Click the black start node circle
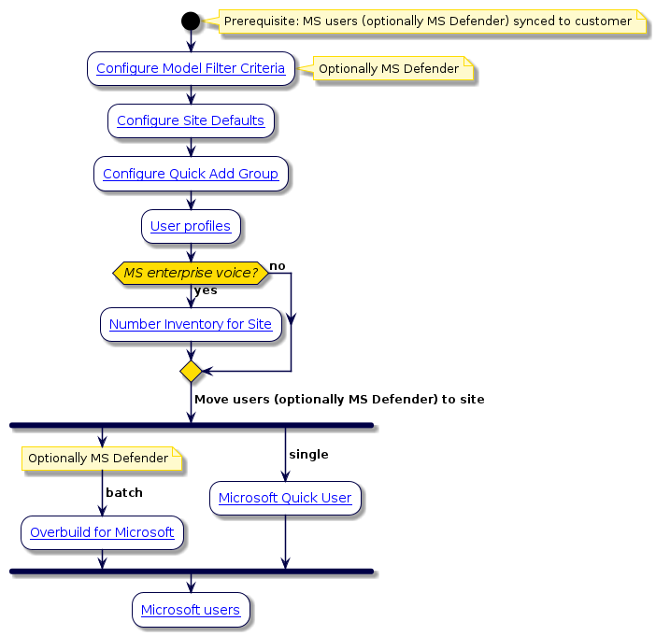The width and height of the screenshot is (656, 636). (x=191, y=21)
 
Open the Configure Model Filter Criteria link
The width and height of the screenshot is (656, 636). (x=191, y=68)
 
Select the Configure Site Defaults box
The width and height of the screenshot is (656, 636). (x=191, y=121)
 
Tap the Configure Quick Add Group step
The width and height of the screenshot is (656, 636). (x=191, y=174)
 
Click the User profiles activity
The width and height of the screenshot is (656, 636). (x=191, y=226)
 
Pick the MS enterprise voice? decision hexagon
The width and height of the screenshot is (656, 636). (x=191, y=273)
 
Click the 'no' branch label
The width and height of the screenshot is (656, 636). (x=278, y=267)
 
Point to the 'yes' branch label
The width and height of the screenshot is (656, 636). (x=206, y=290)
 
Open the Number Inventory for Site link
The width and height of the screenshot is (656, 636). (x=191, y=324)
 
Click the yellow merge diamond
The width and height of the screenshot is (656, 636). (x=191, y=372)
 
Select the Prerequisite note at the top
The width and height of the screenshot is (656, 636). (x=427, y=21)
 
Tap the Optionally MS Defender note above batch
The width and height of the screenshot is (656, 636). (x=98, y=459)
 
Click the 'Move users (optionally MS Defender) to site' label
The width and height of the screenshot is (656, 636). (x=339, y=399)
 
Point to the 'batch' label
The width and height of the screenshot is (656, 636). (x=123, y=492)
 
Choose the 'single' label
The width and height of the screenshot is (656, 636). (x=308, y=454)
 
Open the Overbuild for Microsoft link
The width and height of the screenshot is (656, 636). (x=102, y=532)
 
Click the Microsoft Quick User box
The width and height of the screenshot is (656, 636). (x=285, y=498)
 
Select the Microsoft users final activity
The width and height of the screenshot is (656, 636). (x=191, y=611)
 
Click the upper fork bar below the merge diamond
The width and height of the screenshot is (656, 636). (x=191, y=426)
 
